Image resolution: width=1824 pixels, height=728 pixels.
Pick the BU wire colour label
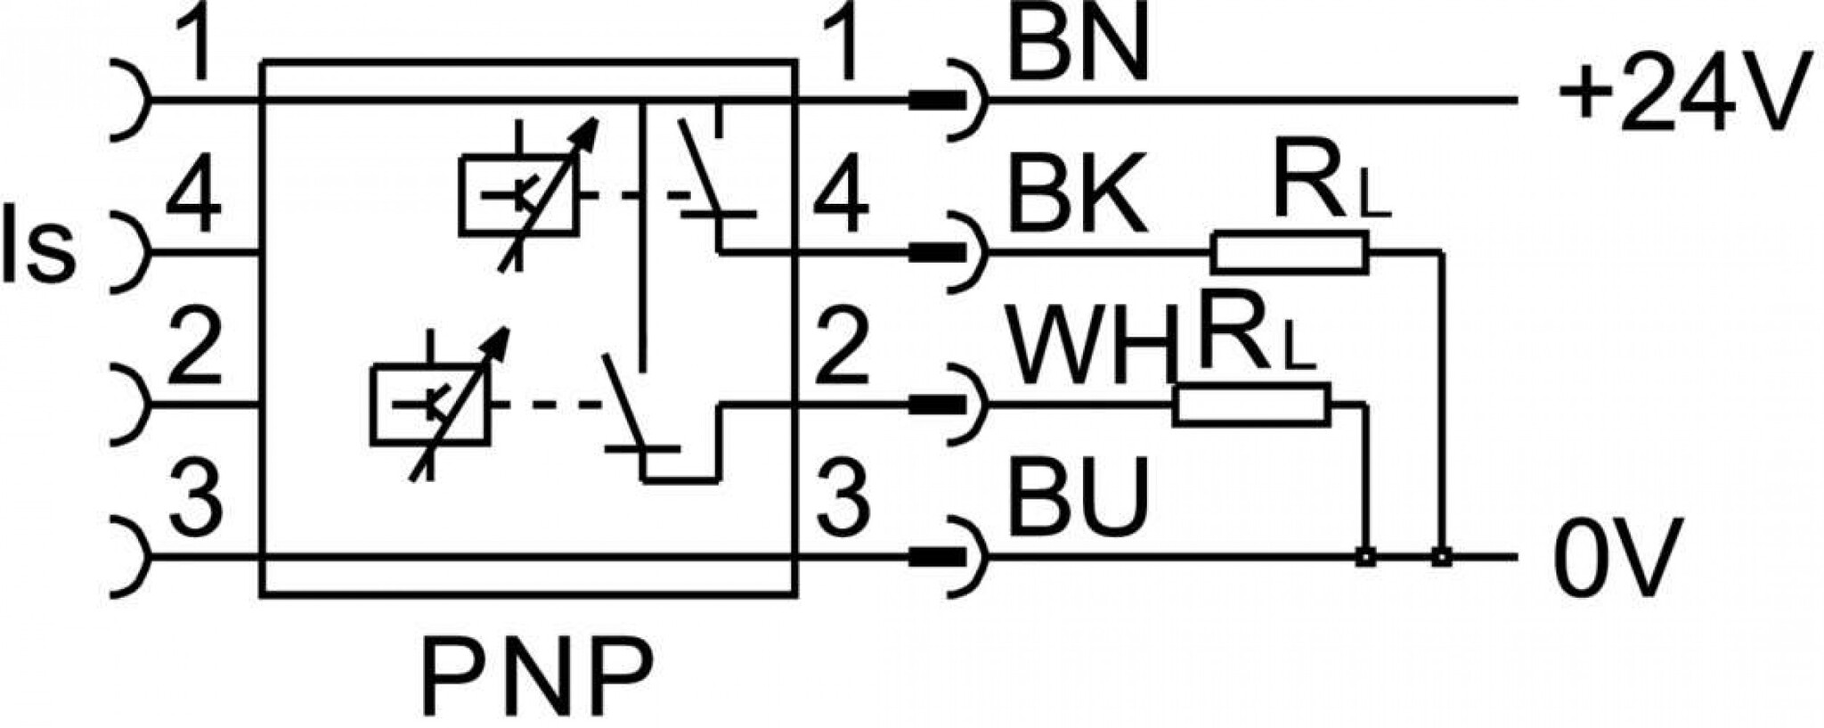point(1078,494)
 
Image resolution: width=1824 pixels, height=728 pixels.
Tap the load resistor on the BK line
point(1288,251)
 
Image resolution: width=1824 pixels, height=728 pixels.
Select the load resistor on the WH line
point(1251,404)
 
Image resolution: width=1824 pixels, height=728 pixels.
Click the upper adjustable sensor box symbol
point(517,196)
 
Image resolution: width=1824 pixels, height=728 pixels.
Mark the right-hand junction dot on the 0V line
point(1442,557)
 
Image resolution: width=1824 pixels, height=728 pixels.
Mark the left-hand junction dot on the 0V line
point(1364,557)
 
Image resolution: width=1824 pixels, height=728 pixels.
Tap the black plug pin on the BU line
point(936,557)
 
